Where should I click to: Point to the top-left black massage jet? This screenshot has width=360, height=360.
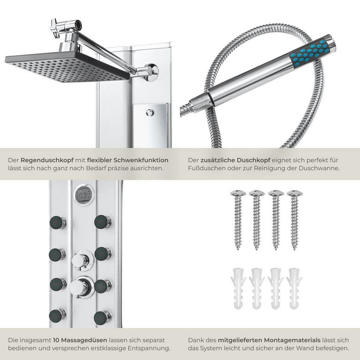58,222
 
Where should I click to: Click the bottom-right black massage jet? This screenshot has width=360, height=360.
103,315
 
